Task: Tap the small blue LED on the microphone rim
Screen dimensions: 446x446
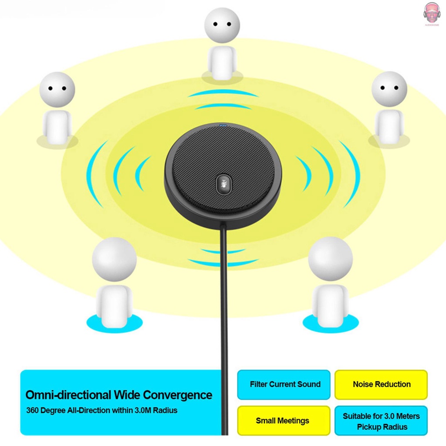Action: coord(223,126)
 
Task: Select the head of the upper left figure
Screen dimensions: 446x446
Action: coord(57,89)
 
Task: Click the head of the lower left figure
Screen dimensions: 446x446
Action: coord(114,259)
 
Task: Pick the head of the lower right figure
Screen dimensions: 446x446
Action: coord(330,259)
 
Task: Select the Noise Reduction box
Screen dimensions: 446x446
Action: coord(381,385)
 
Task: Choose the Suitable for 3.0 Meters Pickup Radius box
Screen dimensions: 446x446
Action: coord(381,421)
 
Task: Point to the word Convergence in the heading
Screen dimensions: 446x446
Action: coord(178,395)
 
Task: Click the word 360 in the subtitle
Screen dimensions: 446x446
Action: coord(32,410)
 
